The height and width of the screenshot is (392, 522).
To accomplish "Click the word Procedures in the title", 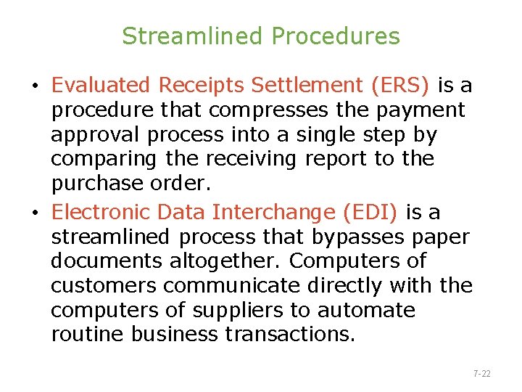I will pyautogui.click(x=336, y=36).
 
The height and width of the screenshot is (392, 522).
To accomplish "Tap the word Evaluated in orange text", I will pyautogui.click(x=101, y=86).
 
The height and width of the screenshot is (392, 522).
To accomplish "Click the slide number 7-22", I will pyautogui.click(x=482, y=374).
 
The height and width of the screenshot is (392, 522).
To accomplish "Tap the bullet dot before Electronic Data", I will pyautogui.click(x=36, y=213).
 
